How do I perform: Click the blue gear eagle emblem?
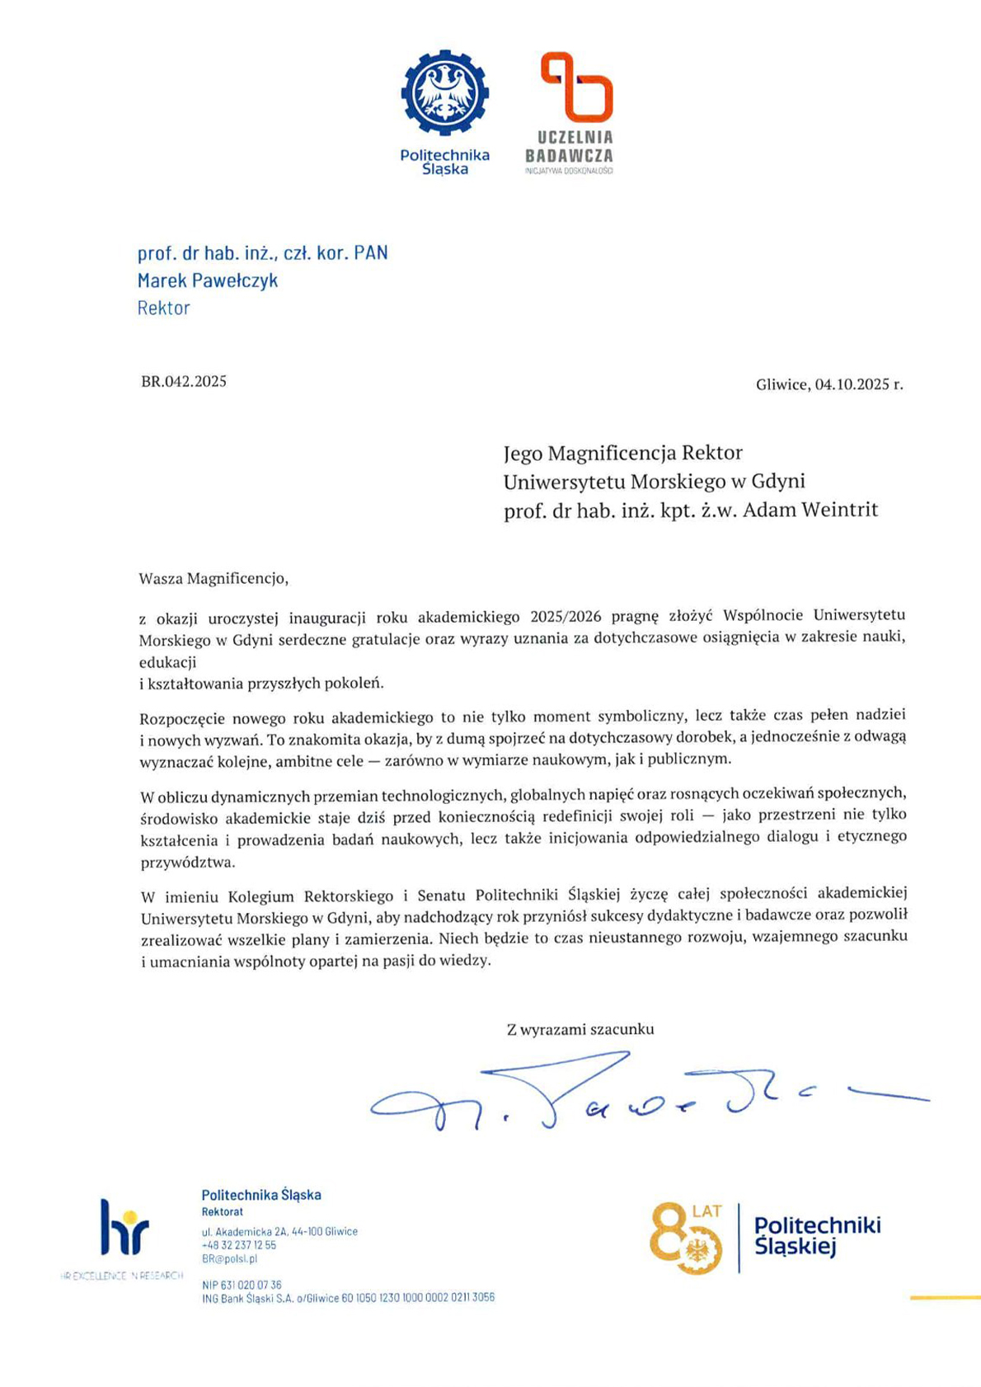(x=444, y=92)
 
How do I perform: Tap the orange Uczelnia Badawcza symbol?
(x=576, y=86)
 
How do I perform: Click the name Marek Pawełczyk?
(x=208, y=280)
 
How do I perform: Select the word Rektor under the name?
(x=163, y=308)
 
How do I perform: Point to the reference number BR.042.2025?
(x=184, y=381)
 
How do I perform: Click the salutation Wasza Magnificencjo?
(x=214, y=578)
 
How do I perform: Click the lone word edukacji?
(x=167, y=661)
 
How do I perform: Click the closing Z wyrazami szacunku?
(x=580, y=1029)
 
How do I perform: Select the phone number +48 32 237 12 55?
(x=239, y=1245)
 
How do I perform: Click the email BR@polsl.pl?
(x=229, y=1259)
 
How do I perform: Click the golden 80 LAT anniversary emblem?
(x=688, y=1238)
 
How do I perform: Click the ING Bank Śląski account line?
(x=348, y=1298)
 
